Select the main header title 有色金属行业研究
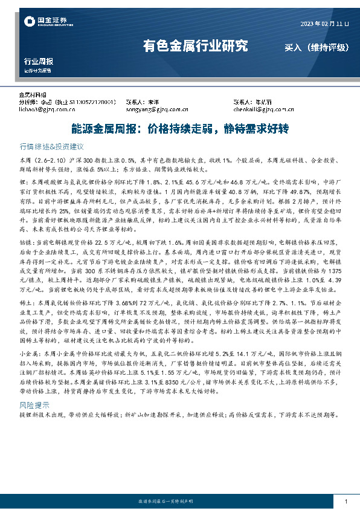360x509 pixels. click(195, 46)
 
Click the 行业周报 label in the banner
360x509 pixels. click(38, 62)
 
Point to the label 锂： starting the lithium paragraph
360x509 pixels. click(24, 181)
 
